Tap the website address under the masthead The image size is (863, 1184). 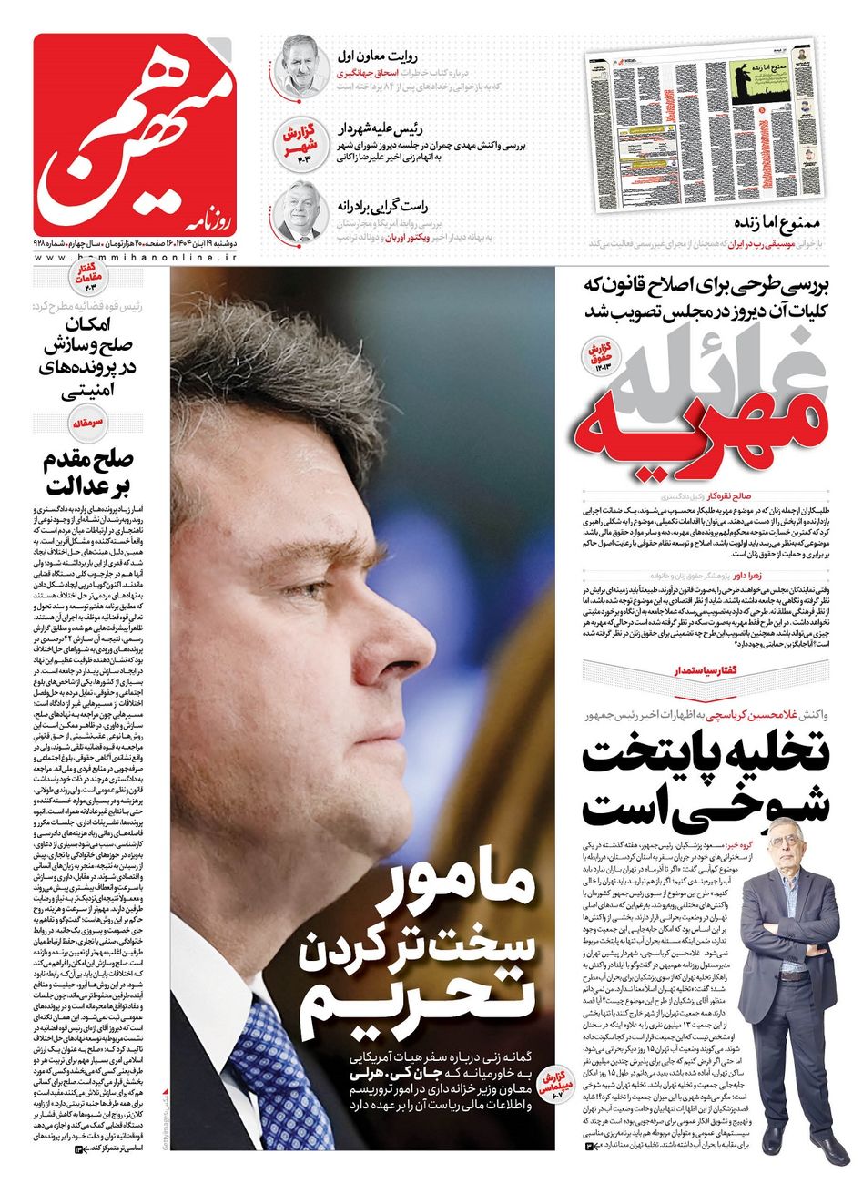(137, 259)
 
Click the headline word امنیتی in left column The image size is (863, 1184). (86, 393)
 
